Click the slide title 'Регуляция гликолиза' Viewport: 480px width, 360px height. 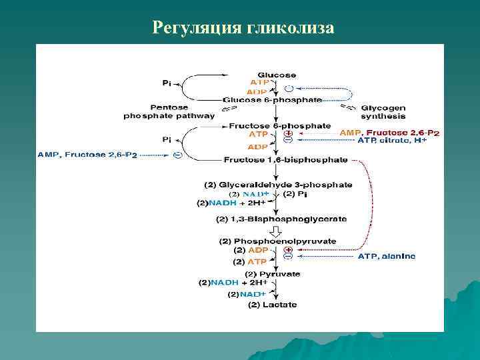pos(243,27)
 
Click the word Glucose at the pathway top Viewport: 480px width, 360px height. pos(277,75)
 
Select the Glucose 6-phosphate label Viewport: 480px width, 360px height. pos(273,100)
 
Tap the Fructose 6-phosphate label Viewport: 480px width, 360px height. pos(279,125)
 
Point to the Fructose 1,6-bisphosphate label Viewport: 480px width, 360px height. pos(285,160)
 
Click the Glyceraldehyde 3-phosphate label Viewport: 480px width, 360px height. pos(278,185)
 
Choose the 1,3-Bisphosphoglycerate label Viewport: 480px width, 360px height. pos(281,219)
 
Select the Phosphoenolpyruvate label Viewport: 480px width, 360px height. pos(278,241)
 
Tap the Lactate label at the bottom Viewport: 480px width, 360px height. pos(273,305)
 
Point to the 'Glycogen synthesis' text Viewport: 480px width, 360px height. pos(383,111)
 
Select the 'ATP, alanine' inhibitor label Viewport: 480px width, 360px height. pos(387,255)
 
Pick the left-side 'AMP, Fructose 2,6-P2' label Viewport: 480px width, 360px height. pos(87,155)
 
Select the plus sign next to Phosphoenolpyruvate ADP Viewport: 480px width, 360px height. pos(288,248)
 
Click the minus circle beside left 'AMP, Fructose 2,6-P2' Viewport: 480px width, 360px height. pos(177,155)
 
